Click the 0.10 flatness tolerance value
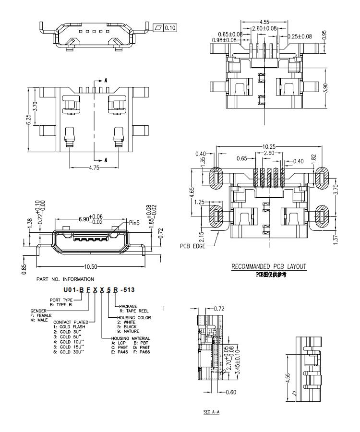pos(170,28)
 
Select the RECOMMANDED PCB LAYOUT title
pos(268,266)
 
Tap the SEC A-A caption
pos(212,412)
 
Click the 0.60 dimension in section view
pos(231,392)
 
